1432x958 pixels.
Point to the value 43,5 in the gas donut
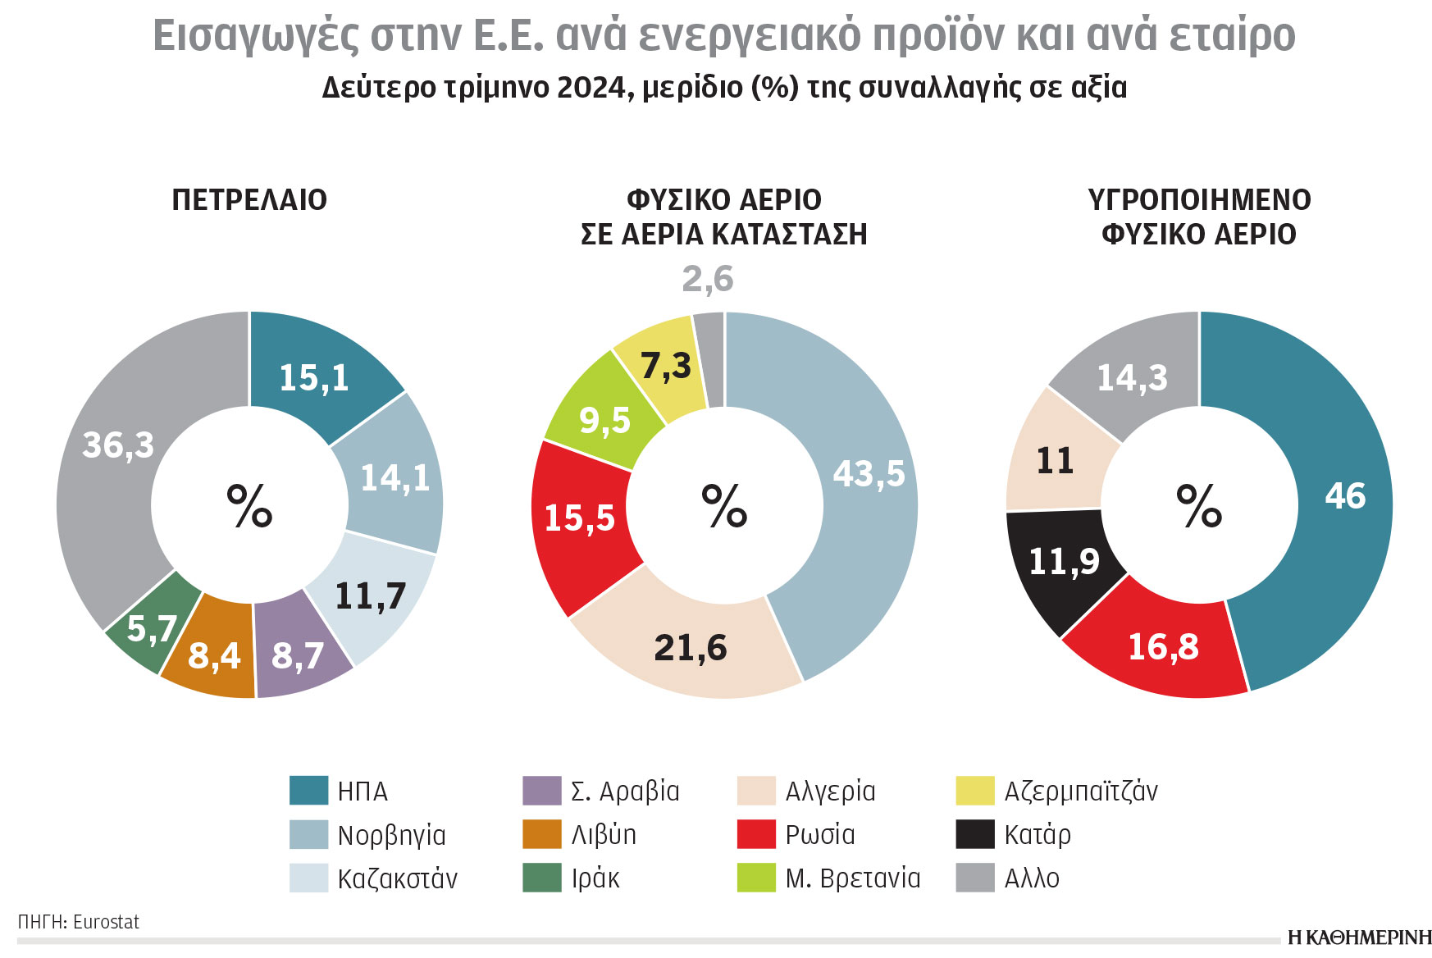click(869, 474)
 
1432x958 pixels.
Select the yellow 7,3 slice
click(665, 367)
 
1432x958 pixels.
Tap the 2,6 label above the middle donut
click(708, 280)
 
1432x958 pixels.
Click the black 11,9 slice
click(1063, 563)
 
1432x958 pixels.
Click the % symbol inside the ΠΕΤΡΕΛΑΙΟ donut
click(249, 506)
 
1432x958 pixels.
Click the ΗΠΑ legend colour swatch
click(308, 791)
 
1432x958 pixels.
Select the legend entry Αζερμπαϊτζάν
click(1080, 791)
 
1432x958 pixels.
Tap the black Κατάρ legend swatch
click(975, 834)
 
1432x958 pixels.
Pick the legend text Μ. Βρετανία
click(852, 878)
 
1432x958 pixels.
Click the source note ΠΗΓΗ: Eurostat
click(79, 922)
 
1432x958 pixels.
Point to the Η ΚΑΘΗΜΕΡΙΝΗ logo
click(1359, 938)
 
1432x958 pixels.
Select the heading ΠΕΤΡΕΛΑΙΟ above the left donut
click(249, 200)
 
